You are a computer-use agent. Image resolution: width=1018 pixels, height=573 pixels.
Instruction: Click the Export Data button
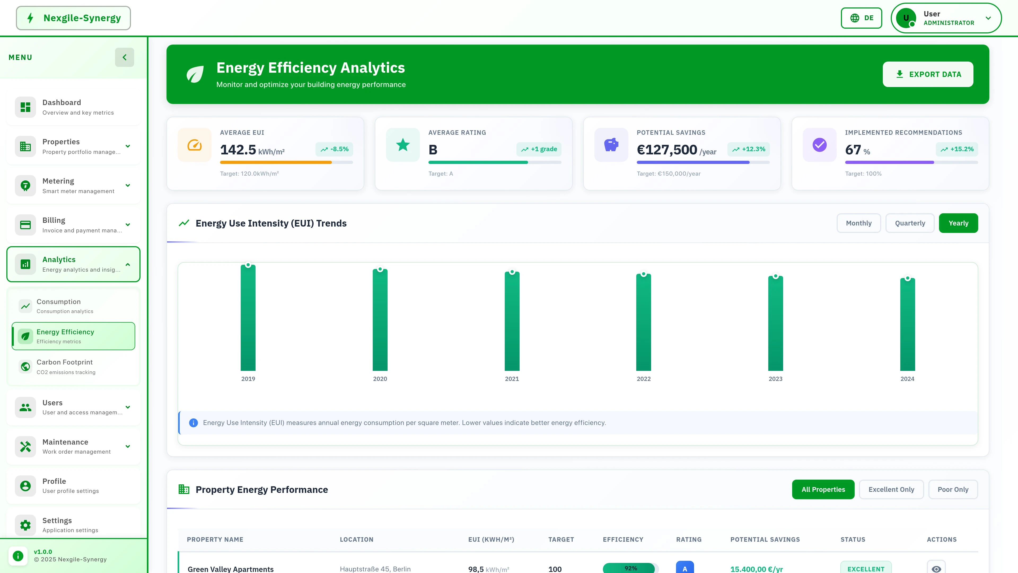[x=928, y=74]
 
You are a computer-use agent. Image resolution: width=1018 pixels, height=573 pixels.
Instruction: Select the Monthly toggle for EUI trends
[x=858, y=223]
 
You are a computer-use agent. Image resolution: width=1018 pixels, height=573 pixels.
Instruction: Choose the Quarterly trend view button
[x=910, y=223]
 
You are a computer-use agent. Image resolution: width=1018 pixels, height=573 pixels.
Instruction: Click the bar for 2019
[x=248, y=318]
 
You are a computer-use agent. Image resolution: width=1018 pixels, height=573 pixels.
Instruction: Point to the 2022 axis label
[x=643, y=379]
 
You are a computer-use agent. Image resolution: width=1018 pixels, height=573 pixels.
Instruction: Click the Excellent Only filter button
[x=891, y=489]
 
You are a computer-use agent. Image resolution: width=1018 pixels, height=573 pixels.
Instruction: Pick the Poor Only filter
[x=953, y=489]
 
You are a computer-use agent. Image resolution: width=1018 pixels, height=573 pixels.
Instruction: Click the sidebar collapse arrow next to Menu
[x=125, y=57]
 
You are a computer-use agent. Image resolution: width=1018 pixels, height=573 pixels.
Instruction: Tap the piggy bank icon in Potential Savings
[x=611, y=145]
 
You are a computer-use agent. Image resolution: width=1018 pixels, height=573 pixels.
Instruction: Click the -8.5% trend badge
[x=334, y=149]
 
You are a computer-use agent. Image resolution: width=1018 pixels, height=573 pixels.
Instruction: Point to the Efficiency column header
[x=623, y=539]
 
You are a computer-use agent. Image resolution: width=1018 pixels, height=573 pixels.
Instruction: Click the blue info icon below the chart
[x=193, y=423]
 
